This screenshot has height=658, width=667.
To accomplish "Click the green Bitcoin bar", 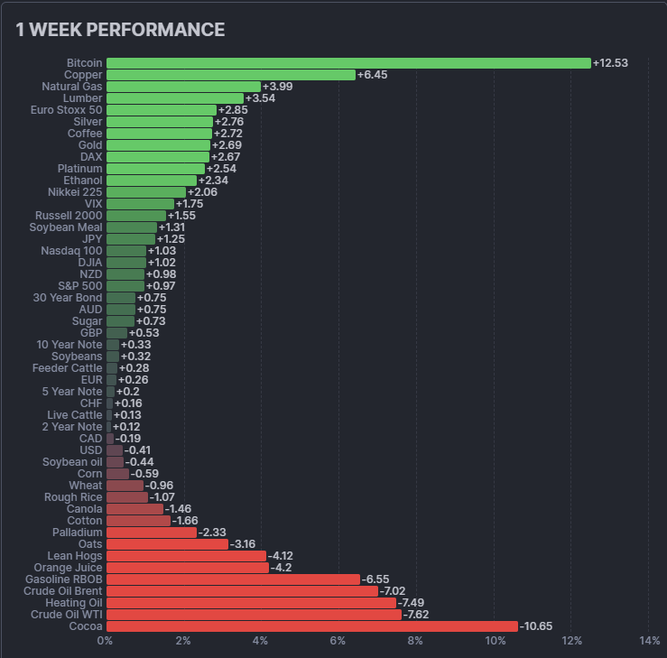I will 348,63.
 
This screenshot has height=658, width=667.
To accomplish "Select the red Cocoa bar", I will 312,626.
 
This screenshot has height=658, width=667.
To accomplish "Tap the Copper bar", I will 231,75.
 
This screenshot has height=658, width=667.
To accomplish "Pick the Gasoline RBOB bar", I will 233,579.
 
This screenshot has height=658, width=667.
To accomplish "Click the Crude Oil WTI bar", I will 254,615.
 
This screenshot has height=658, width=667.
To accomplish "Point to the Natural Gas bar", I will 183,87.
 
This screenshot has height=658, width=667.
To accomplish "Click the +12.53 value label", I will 610,63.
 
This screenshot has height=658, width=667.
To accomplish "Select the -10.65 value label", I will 536,626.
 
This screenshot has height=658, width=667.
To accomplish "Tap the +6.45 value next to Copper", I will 372,75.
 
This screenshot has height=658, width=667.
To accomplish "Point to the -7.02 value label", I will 394,591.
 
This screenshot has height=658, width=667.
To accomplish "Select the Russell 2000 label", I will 69,216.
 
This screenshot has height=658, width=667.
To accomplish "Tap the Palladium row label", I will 77,533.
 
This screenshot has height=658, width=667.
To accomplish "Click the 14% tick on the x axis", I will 649,641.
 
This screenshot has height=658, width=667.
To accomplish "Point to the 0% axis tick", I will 106,641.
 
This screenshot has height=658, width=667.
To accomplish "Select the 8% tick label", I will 416,641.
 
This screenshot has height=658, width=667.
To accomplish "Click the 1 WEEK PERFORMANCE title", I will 120,30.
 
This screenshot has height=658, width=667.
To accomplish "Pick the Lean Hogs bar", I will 186,556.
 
